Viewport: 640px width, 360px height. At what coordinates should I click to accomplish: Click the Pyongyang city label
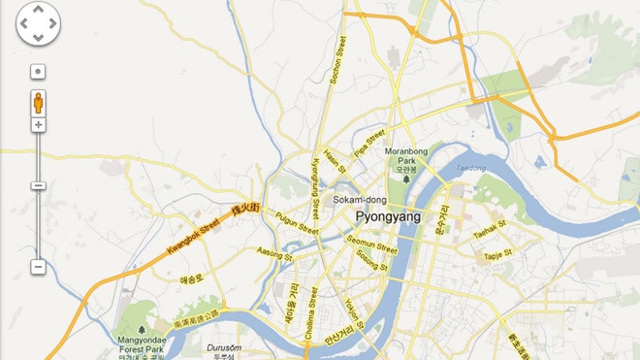click(x=388, y=216)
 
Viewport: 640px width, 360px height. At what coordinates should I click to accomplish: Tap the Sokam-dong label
click(x=354, y=200)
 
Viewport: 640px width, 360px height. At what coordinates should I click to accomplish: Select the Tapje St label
click(x=497, y=255)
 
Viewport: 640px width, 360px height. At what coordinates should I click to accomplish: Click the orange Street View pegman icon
click(x=38, y=103)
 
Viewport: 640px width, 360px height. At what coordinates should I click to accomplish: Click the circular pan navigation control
click(x=38, y=24)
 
